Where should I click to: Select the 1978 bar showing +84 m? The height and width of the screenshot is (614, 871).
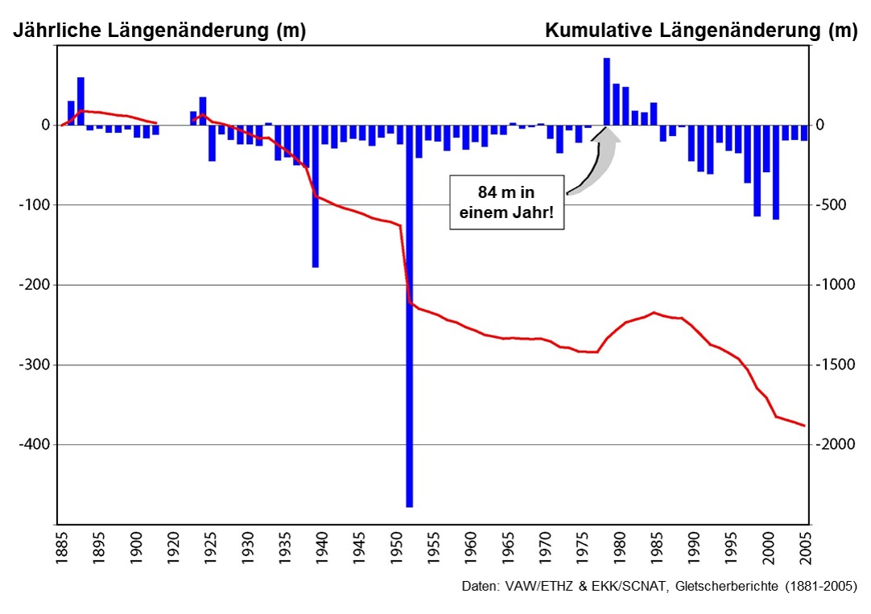click(x=607, y=92)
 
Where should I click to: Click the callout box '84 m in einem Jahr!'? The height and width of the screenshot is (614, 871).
click(x=506, y=205)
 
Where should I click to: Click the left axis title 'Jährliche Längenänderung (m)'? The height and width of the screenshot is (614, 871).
click(x=159, y=31)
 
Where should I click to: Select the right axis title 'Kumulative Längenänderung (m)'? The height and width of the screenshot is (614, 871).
click(x=701, y=31)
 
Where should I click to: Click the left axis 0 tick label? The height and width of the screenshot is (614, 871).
click(x=46, y=126)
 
